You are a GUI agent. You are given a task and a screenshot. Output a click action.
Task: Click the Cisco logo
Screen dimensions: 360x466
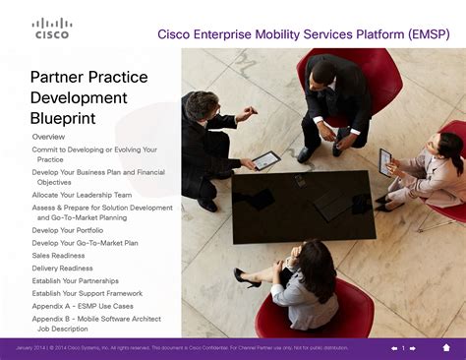52,28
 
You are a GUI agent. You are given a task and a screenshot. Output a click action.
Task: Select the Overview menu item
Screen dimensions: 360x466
48,136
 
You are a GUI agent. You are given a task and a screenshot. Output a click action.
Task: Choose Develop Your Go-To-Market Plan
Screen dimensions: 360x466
85,242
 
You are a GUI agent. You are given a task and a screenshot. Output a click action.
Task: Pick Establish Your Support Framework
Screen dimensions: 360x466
87,293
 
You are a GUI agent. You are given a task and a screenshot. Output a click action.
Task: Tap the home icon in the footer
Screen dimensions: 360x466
445,347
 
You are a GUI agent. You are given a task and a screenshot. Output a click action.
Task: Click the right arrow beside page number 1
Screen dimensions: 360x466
414,347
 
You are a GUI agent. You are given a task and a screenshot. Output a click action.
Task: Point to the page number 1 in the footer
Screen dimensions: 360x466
403,347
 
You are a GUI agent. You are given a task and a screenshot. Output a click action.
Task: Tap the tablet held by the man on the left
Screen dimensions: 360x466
265,159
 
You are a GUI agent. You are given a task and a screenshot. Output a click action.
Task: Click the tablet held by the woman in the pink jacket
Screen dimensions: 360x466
385,160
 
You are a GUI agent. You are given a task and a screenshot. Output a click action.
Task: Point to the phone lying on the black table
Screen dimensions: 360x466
299,181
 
